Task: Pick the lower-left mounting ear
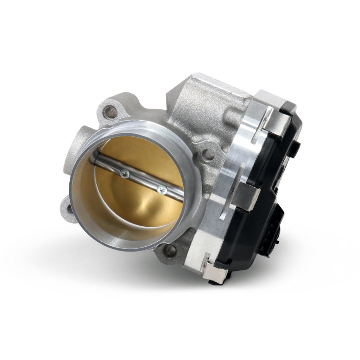click(x=67, y=208)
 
